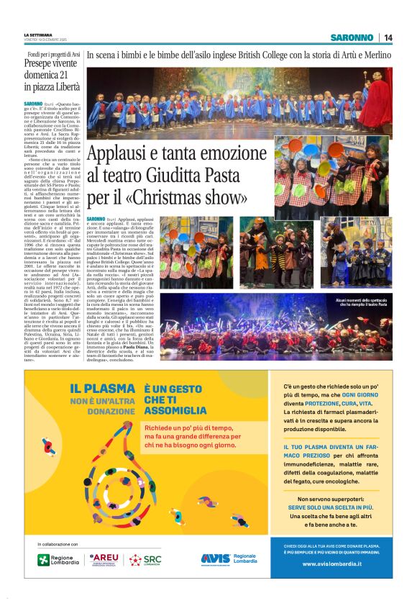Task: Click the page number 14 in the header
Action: (388, 37)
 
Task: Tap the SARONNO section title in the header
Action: (352, 37)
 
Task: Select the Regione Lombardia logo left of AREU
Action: (56, 559)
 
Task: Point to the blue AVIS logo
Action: (216, 558)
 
